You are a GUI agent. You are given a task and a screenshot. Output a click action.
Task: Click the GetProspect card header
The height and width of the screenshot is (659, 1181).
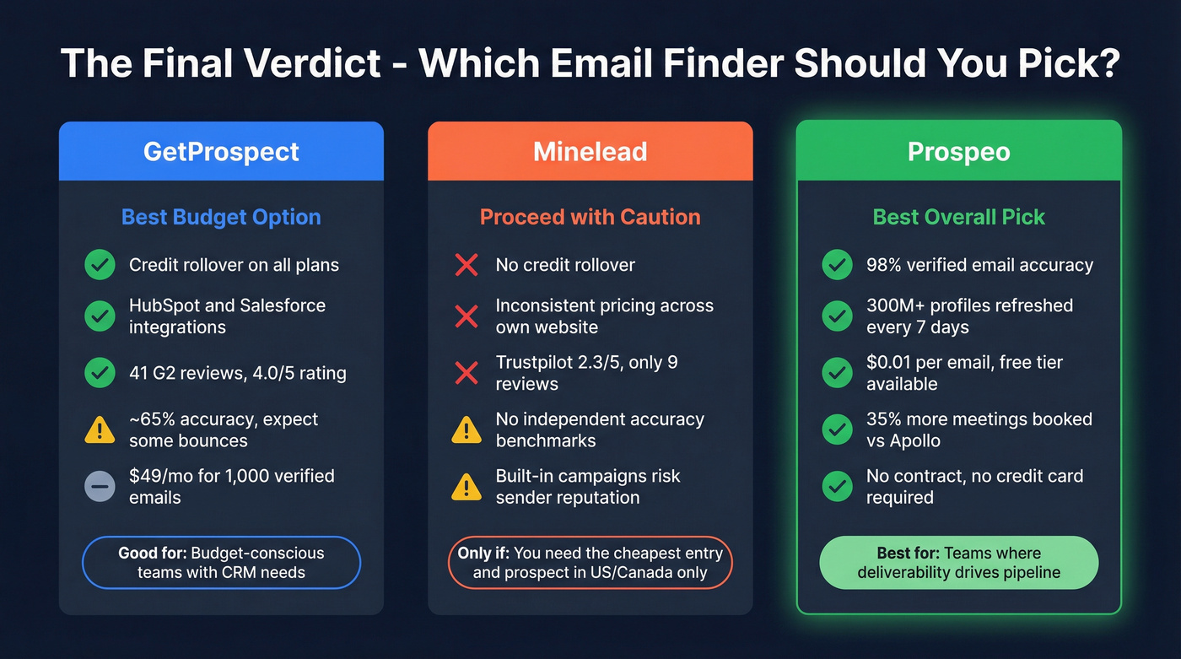tap(221, 152)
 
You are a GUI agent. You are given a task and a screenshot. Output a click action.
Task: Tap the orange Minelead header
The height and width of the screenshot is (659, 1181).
tap(590, 152)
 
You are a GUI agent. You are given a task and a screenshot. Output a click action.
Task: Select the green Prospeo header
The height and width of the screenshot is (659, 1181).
tap(958, 152)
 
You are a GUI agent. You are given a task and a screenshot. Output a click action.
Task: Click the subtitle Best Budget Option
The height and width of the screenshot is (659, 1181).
tap(221, 217)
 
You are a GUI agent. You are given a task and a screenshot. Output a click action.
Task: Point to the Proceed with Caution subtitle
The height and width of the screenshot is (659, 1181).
tap(590, 217)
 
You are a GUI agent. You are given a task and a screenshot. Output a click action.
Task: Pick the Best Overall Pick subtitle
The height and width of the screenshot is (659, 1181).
tap(958, 217)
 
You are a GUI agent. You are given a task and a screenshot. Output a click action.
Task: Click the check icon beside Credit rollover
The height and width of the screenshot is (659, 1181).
tap(100, 265)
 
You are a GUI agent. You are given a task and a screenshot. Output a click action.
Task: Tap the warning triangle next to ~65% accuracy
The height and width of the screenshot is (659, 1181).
tap(100, 429)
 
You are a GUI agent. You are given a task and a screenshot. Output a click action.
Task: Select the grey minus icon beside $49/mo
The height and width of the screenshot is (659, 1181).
tap(100, 487)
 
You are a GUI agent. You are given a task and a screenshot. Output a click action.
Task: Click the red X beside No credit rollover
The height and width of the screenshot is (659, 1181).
tap(466, 265)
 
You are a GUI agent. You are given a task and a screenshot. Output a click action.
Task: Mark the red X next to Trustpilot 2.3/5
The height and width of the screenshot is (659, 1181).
tap(466, 373)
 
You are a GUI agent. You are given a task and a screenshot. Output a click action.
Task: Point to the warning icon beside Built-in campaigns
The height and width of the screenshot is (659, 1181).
tap(466, 487)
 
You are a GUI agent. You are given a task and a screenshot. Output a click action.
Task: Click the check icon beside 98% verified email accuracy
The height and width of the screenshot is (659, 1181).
tap(836, 265)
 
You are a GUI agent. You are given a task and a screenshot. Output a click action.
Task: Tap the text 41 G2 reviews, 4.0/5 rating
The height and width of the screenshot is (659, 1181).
tap(237, 373)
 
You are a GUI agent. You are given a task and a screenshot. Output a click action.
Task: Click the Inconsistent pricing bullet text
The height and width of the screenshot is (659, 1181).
tap(604, 316)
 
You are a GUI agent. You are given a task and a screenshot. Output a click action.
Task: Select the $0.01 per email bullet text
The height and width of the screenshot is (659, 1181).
tap(963, 373)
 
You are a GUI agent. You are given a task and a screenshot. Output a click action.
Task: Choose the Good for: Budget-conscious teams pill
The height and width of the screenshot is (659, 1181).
tap(221, 563)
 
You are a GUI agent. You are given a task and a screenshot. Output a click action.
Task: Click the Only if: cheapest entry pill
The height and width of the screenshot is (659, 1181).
tap(590, 563)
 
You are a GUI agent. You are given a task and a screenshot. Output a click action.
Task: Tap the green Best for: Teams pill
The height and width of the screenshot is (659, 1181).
tap(958, 563)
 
